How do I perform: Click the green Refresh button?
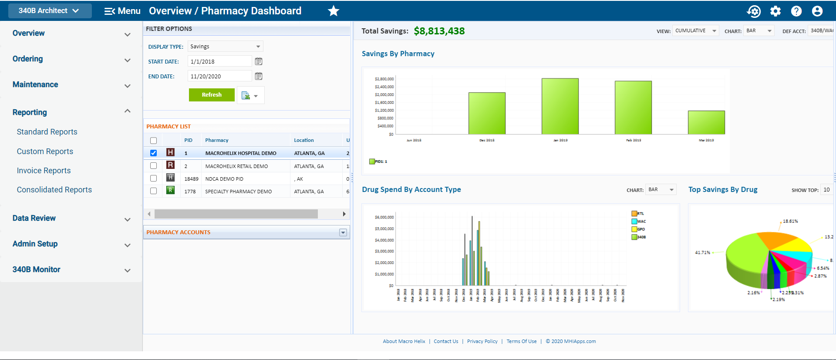(x=212, y=95)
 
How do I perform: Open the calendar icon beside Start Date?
(x=259, y=61)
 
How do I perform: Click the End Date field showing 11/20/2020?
(x=219, y=76)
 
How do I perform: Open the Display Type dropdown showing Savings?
(x=225, y=47)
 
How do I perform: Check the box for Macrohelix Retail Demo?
(x=153, y=166)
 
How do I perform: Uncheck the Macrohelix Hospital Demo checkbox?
(x=153, y=153)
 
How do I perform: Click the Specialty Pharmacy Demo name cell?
(x=239, y=192)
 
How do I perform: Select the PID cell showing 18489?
(x=191, y=179)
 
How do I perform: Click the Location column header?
(x=304, y=140)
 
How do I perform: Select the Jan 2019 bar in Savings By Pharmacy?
(x=560, y=107)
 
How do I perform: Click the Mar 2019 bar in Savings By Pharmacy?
(x=706, y=123)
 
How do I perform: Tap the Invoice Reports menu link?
(x=44, y=171)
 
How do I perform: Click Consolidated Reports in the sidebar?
(x=54, y=190)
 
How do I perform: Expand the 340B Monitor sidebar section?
(x=127, y=270)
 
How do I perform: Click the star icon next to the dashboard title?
(x=334, y=11)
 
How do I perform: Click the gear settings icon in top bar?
(x=775, y=11)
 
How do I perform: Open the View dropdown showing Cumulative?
(x=695, y=31)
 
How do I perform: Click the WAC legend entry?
(x=639, y=222)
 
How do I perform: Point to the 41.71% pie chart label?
(x=702, y=252)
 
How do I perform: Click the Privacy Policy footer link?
(x=482, y=341)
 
